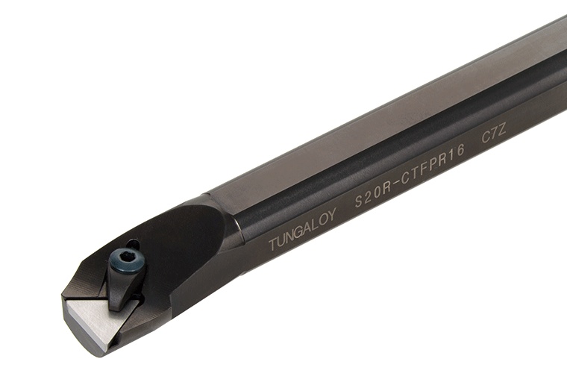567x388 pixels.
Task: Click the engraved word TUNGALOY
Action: tap(302, 228)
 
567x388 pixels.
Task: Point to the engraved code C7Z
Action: tap(494, 136)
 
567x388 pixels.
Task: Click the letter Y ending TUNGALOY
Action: tap(333, 213)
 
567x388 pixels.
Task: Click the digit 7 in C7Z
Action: tap(494, 136)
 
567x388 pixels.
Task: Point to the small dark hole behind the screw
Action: tap(132, 244)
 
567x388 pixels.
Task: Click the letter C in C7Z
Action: tap(485, 140)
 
